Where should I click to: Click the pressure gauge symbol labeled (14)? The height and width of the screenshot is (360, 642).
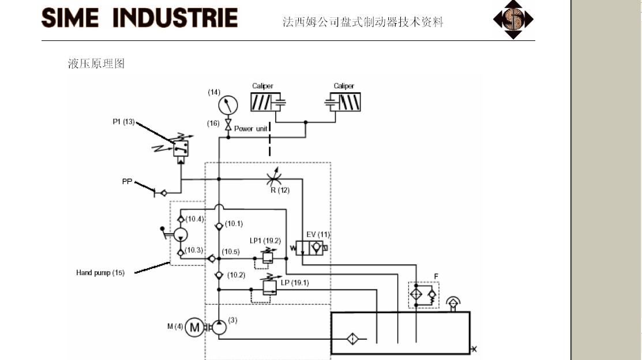(x=228, y=105)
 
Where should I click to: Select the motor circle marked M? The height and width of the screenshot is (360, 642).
(x=195, y=327)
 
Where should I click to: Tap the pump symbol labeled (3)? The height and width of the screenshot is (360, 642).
(x=219, y=328)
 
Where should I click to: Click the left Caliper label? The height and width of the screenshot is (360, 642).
(x=262, y=86)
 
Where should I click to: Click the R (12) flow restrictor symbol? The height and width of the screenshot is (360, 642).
(x=274, y=178)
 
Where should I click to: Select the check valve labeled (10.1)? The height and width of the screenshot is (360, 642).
(x=219, y=226)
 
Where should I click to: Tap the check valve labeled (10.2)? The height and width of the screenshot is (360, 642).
(x=219, y=275)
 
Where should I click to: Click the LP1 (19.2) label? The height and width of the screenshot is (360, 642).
(x=265, y=241)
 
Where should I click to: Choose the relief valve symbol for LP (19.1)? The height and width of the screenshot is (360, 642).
(x=269, y=287)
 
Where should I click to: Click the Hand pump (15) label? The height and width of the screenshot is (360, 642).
(x=100, y=272)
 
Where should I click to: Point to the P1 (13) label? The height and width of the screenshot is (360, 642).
(x=123, y=121)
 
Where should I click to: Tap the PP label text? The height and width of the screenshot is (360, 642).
(x=127, y=182)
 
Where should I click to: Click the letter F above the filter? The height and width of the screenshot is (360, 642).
(x=436, y=276)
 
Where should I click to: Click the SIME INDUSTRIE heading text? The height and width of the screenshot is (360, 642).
(x=140, y=18)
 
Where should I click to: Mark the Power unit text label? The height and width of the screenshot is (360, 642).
(x=250, y=129)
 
